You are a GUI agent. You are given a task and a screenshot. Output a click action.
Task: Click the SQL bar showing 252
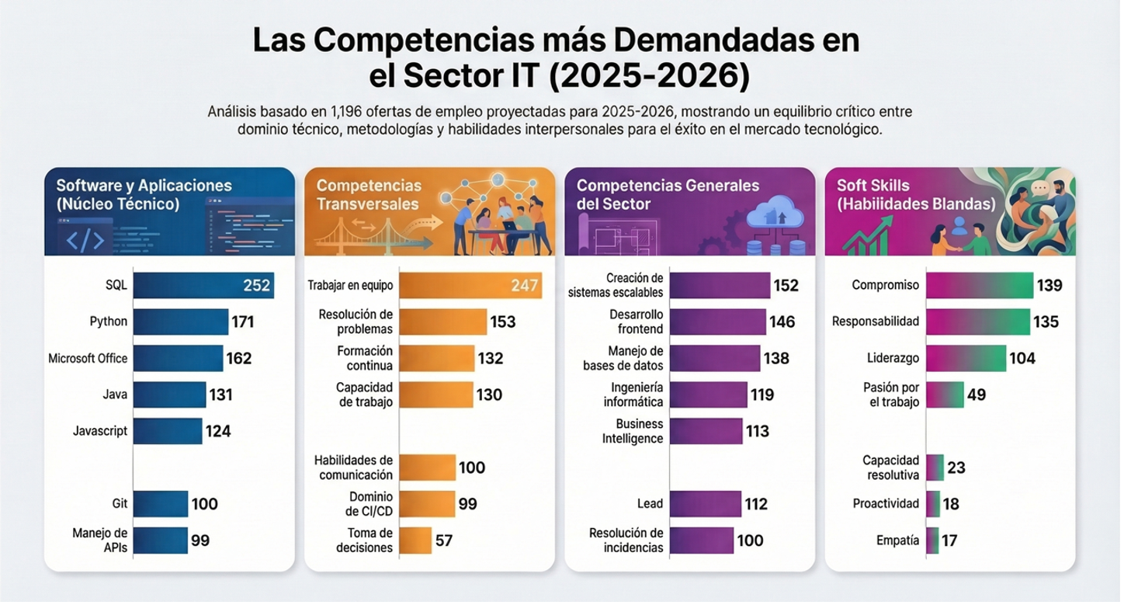(x=203, y=285)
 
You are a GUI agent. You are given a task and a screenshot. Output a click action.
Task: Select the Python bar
(x=180, y=322)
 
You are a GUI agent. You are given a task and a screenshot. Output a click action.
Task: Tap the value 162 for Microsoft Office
(x=238, y=359)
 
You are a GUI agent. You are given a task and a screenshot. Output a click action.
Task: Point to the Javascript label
(x=100, y=431)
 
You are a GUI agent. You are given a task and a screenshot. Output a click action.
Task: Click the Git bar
(x=160, y=504)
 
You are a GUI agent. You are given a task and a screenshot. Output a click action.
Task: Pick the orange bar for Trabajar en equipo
(x=470, y=285)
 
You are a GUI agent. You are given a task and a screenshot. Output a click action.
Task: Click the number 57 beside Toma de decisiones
(x=444, y=541)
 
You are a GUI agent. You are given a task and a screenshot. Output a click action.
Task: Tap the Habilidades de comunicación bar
(x=427, y=468)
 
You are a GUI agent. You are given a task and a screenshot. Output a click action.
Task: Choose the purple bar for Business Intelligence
(x=706, y=431)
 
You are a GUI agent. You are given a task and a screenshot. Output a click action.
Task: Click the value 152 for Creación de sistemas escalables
(x=786, y=286)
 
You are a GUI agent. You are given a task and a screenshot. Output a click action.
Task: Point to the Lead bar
(x=705, y=504)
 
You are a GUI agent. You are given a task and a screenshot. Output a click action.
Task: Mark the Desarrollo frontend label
(x=636, y=322)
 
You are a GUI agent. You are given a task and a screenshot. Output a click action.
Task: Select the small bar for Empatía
(x=932, y=541)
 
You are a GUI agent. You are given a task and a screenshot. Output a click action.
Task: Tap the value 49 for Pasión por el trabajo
(x=977, y=395)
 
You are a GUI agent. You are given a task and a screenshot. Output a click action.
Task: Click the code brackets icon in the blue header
(x=85, y=240)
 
